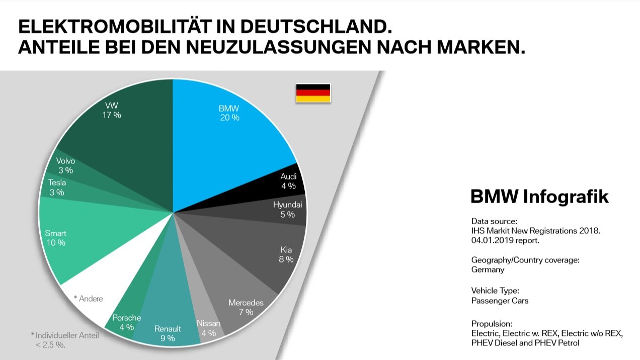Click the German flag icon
313,93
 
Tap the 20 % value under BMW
229,118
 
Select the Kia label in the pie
286,249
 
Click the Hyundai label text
287,205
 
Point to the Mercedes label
246,303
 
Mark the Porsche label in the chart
126,318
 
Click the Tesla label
57,183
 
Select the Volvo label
65,161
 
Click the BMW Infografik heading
539,197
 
